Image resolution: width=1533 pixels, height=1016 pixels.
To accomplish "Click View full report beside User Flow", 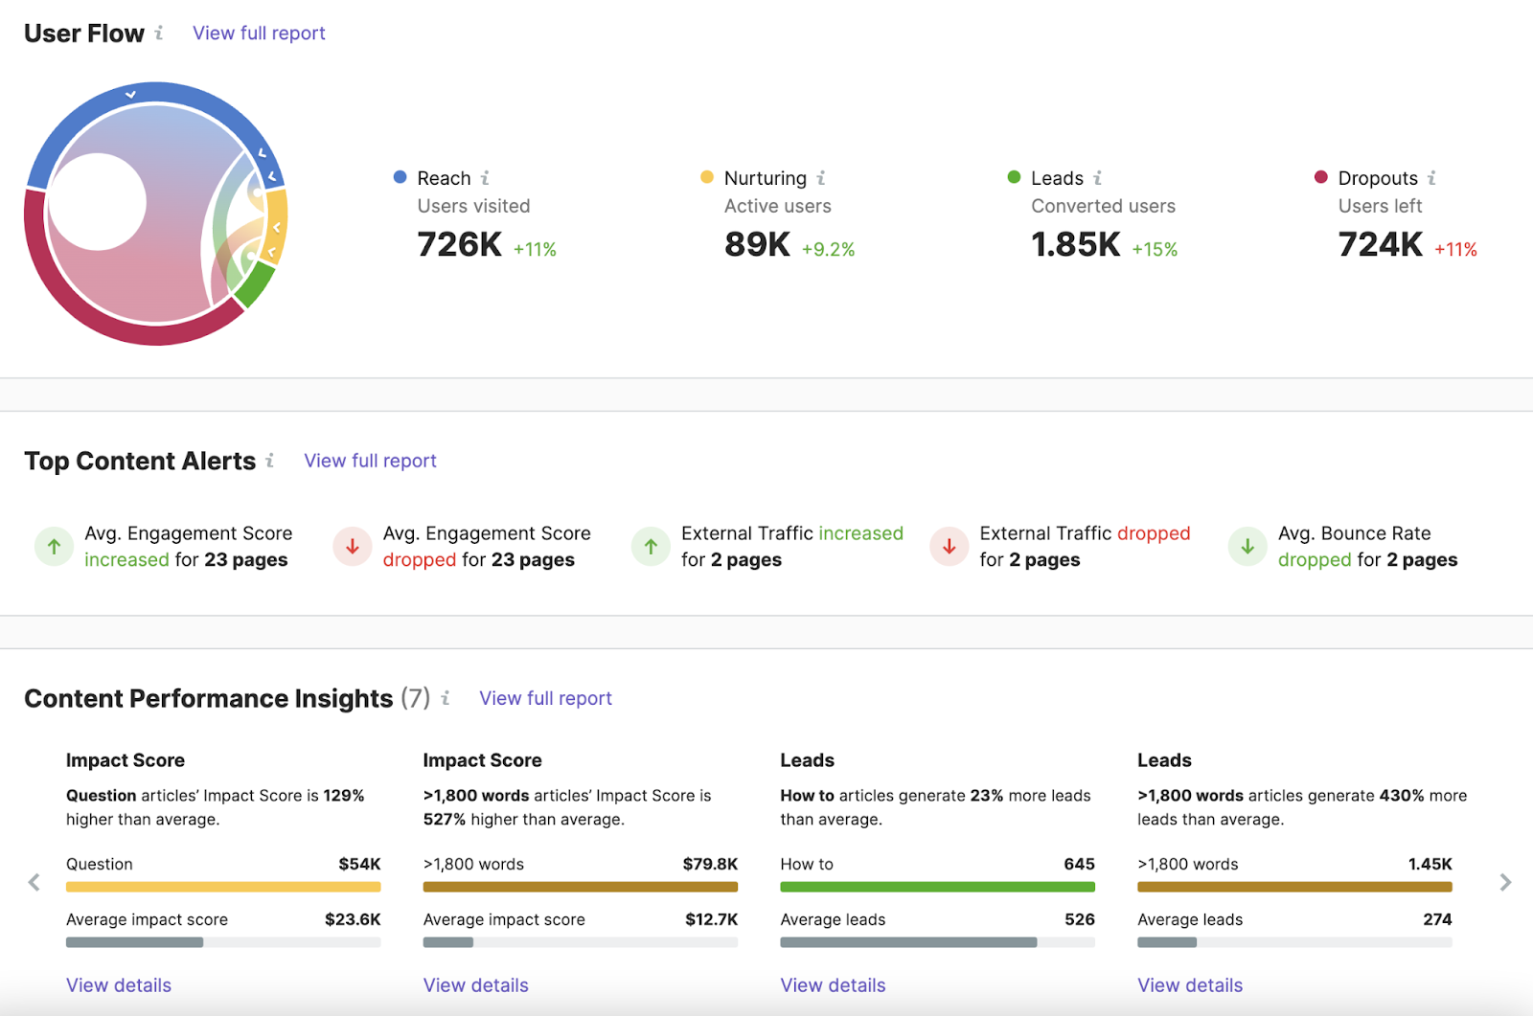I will (x=259, y=34).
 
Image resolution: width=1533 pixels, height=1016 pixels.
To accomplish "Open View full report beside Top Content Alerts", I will (x=370, y=461).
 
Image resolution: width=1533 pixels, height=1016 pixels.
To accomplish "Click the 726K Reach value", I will (x=459, y=245).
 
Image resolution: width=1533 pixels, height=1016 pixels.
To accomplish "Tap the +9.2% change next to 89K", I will (x=828, y=250).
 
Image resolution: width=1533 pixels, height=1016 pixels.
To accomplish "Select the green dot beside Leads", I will (x=1014, y=177).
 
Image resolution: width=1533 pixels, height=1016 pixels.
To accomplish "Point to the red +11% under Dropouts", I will (x=1455, y=250).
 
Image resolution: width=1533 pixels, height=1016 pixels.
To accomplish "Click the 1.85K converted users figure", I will (x=1075, y=245).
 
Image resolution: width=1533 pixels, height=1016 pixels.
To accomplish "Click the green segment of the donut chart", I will (x=254, y=284).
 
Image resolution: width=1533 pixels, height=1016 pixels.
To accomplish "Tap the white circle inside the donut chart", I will (x=97, y=202).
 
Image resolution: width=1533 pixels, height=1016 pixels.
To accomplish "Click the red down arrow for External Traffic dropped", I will (x=949, y=547).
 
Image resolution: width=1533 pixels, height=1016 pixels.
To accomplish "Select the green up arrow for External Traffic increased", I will (x=651, y=547).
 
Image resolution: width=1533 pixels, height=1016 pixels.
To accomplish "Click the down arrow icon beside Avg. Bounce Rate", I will (x=1247, y=547).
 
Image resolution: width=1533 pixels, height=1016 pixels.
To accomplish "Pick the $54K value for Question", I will (x=359, y=864).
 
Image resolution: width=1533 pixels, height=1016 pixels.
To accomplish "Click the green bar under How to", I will (x=937, y=888).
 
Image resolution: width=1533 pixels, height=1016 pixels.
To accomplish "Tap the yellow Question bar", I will (x=223, y=888).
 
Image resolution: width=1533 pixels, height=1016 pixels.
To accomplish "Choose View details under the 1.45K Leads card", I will (x=1189, y=985).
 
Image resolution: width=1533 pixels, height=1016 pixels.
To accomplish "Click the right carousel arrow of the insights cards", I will (x=1505, y=882).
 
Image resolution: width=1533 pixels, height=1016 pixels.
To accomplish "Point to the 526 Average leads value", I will (x=1079, y=919).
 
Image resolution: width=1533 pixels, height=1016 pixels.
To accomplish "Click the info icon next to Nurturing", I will (x=821, y=178).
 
